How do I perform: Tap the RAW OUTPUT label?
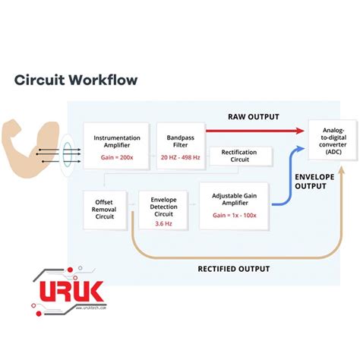(x=254, y=117)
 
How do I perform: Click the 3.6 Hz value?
(x=163, y=224)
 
